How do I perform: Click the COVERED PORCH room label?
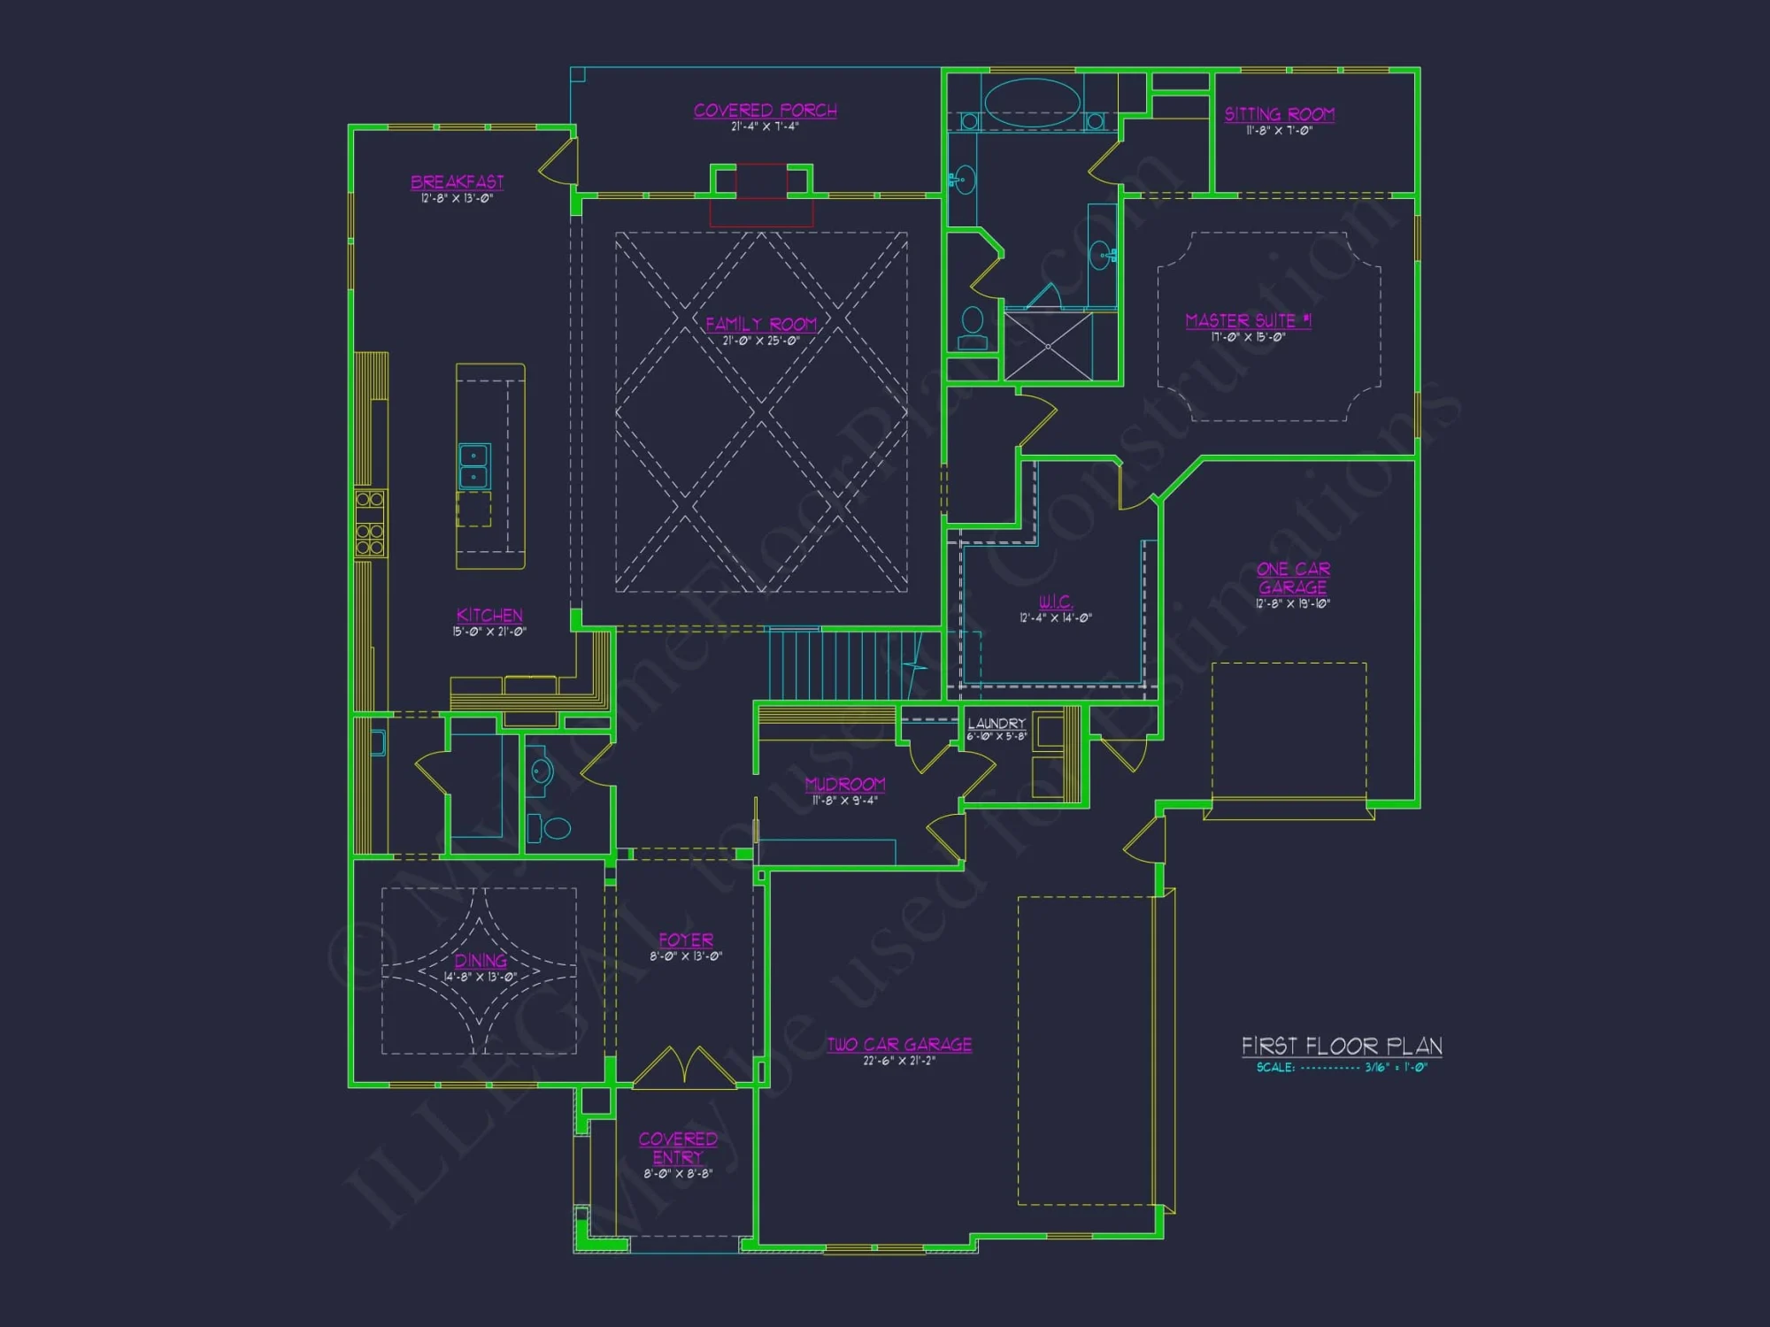click(765, 111)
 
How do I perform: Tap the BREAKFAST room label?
click(457, 182)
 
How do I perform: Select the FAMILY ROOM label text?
click(761, 324)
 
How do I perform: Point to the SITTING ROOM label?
click(1279, 114)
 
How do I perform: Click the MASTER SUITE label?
click(1248, 320)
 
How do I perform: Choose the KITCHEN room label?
click(489, 615)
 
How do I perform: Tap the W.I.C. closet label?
click(1055, 602)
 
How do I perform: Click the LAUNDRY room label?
click(997, 724)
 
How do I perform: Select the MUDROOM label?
click(845, 784)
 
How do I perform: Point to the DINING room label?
click(481, 961)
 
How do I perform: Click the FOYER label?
click(686, 940)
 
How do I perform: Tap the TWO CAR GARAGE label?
click(899, 1045)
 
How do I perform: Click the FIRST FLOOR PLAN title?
click(1342, 1047)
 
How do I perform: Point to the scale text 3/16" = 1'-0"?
click(1396, 1068)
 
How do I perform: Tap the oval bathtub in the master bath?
click(1032, 102)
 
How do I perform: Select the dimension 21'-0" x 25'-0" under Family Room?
click(761, 341)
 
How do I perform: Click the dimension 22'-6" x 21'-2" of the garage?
click(899, 1061)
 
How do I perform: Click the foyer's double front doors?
click(684, 1066)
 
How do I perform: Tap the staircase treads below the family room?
click(832, 663)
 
